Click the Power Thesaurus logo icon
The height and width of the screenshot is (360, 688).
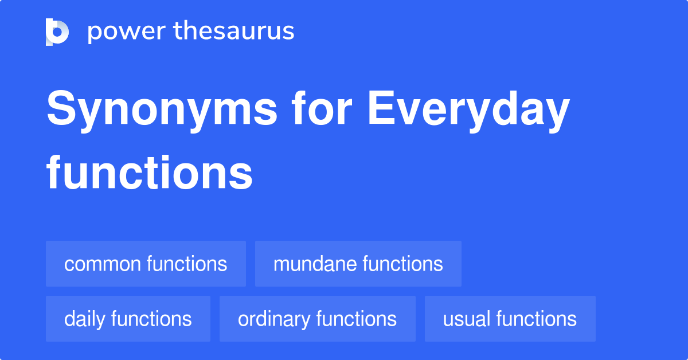[57, 32]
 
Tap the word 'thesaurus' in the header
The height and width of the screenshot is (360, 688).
[234, 32]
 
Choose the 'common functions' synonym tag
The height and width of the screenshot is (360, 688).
[146, 264]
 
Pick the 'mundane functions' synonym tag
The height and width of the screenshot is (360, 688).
[358, 264]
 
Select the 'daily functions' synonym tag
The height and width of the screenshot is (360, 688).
[128, 319]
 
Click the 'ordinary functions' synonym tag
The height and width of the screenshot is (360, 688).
[317, 319]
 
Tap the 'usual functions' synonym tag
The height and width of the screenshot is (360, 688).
[510, 319]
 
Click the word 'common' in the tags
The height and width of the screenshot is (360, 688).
[103, 264]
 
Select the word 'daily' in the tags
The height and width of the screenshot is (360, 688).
[85, 319]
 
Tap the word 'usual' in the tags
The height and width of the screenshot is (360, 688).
[467, 319]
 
